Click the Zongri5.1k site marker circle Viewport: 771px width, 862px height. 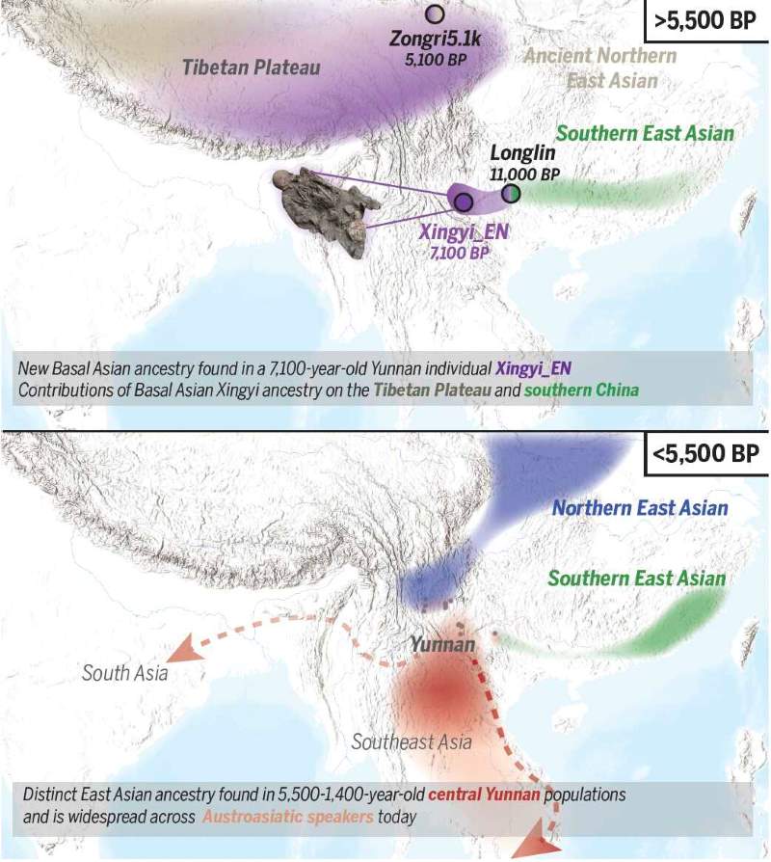(x=435, y=13)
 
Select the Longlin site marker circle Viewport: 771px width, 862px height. (x=511, y=194)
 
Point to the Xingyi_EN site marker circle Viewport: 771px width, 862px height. (x=463, y=202)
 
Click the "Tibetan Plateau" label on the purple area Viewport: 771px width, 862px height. (x=252, y=67)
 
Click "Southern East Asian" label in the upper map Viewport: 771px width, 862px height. (x=645, y=133)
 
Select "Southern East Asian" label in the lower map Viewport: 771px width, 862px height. (x=636, y=579)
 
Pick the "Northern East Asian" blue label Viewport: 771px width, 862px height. (x=640, y=507)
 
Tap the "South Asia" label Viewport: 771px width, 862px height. (x=124, y=672)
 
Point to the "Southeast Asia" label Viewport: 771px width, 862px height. (x=411, y=741)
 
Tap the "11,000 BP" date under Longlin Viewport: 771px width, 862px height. (x=524, y=174)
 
